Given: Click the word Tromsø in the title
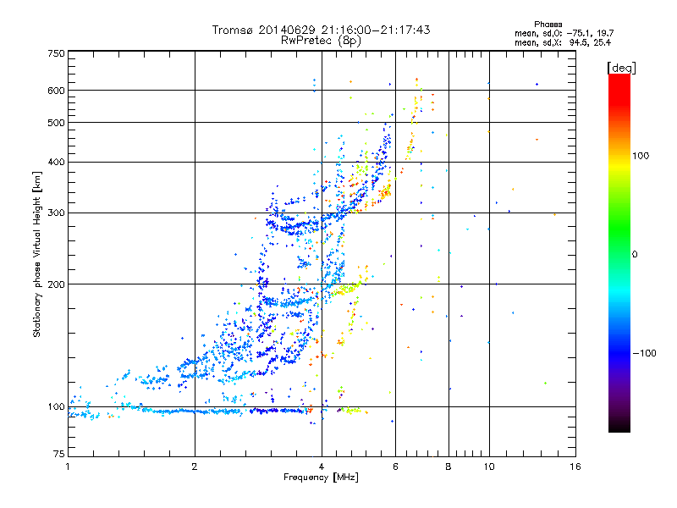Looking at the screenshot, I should tap(234, 30).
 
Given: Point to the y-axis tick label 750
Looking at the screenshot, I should tap(56, 52).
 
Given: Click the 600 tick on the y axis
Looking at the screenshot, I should tap(56, 91).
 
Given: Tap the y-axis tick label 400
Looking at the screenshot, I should tap(56, 162).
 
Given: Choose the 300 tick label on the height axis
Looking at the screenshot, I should tap(56, 213).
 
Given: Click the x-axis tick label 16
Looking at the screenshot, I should tap(575, 467).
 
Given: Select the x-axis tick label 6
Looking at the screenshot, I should tap(395, 467).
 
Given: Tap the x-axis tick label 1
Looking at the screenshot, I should tap(68, 467).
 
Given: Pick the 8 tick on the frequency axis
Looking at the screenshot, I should tap(449, 467).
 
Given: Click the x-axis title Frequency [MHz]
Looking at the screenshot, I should tap(322, 478).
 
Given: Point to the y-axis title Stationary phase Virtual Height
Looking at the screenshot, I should tap(37, 254).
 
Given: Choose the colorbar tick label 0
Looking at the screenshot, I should tap(635, 254).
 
